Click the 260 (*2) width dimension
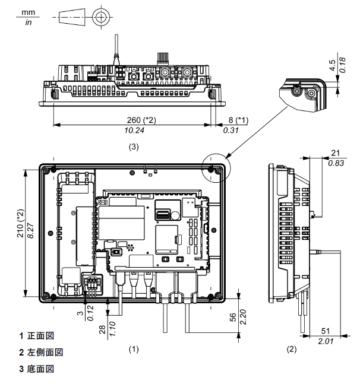coord(141,120)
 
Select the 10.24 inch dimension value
coord(134,131)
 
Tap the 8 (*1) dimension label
coord(238,120)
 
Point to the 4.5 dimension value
coord(332,65)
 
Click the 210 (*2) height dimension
coord(20,223)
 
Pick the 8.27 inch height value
coord(31,230)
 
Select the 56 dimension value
coord(233,317)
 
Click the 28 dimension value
coord(102,329)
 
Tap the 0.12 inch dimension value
coord(90,313)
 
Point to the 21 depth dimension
coord(336,153)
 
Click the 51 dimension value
coord(326,331)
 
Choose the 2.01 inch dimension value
coord(326,341)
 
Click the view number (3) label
coord(134,147)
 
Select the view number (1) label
coord(134,349)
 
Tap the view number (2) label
coord(292,349)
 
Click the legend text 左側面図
coord(45,352)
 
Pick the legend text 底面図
coord(40,369)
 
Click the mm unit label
coord(28,12)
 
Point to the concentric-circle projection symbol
coord(100,17)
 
